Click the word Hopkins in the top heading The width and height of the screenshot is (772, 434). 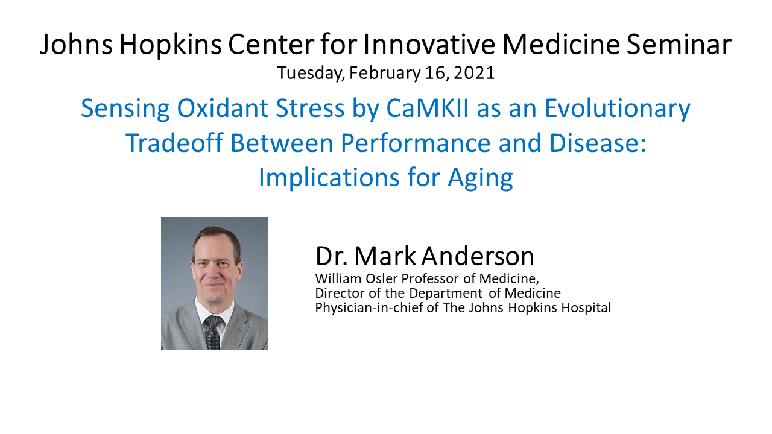point(170,45)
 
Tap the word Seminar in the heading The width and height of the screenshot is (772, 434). point(679,44)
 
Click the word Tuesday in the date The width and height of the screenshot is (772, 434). point(311,74)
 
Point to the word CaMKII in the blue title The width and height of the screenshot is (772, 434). point(428,108)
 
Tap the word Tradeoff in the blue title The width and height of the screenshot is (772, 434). point(175,142)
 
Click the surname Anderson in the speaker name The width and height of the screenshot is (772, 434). point(478,256)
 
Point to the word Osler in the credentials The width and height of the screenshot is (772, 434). point(382,278)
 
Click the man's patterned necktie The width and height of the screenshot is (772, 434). point(213,332)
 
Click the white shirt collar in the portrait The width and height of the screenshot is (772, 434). point(214,310)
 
